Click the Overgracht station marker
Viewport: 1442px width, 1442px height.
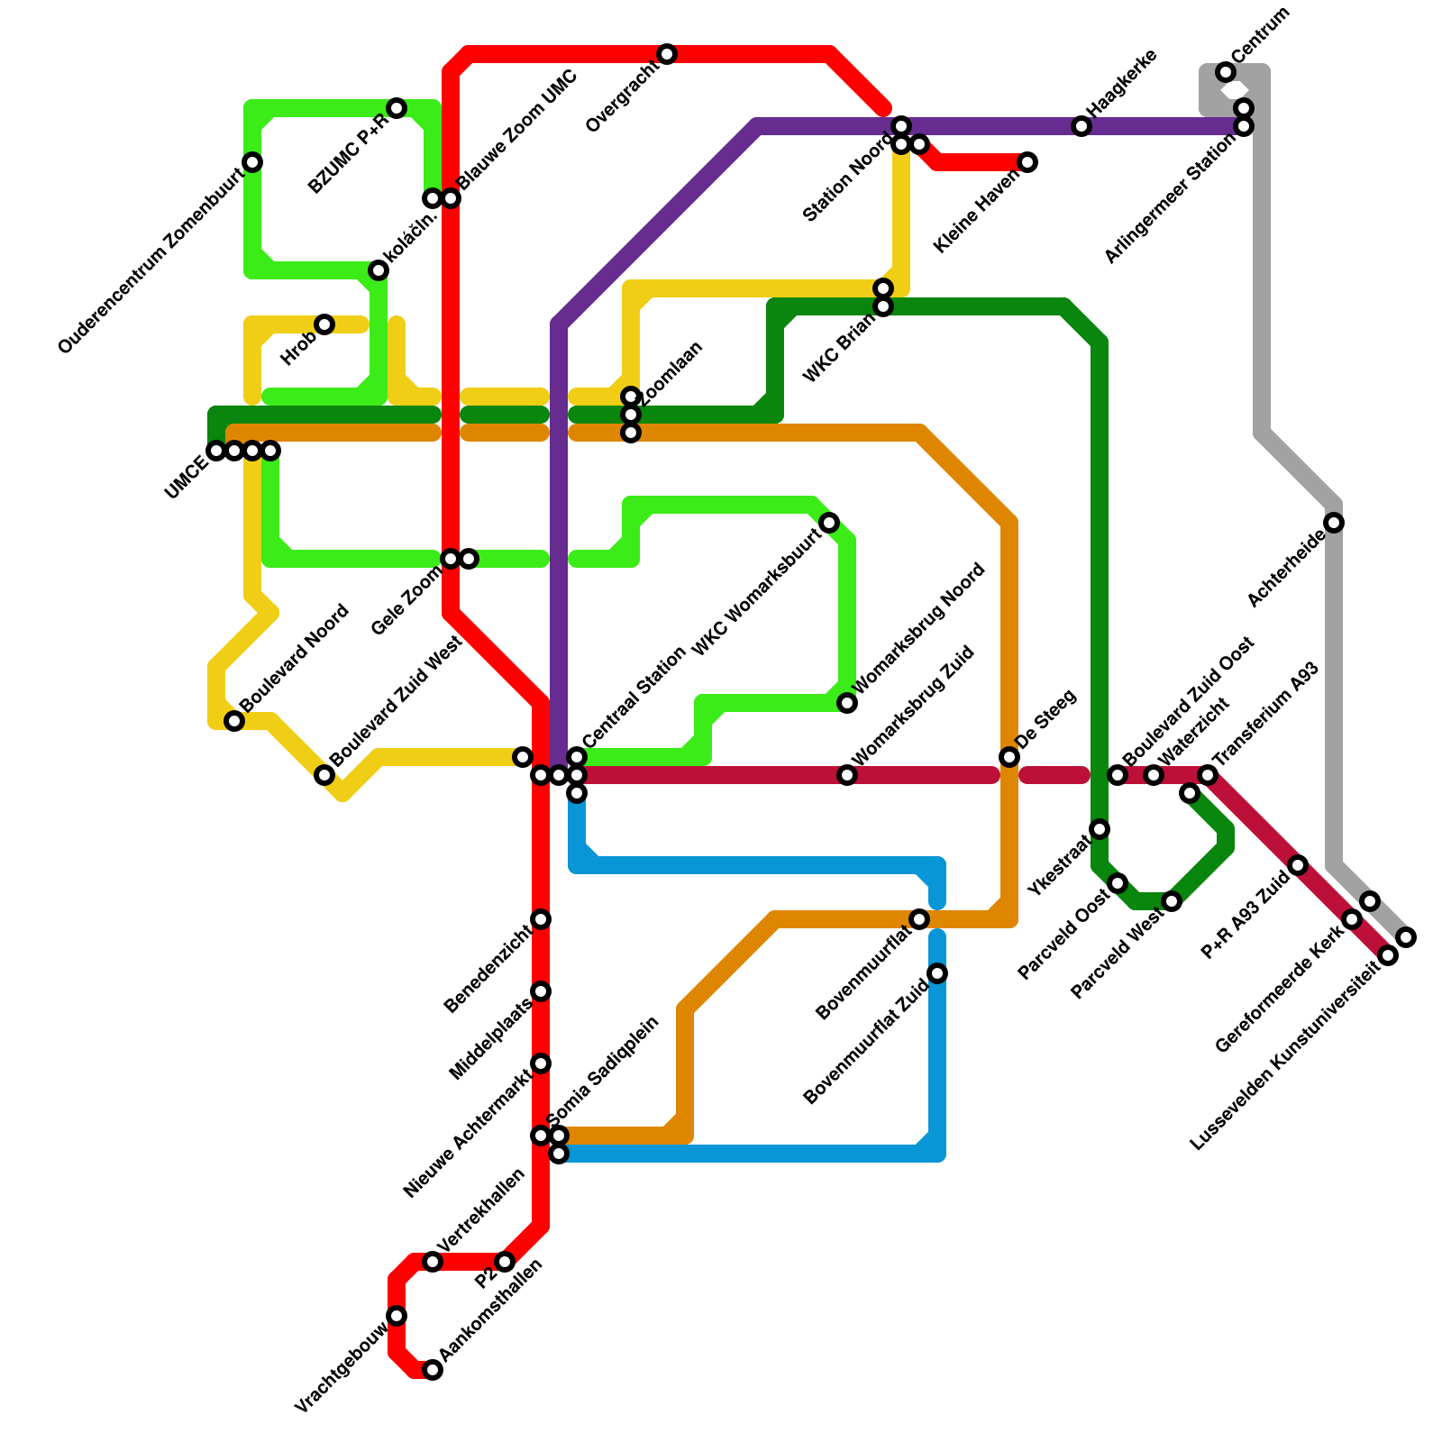pos(667,55)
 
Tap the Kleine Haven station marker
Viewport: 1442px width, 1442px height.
pos(1027,162)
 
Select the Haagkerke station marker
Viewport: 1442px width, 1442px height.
pos(1081,127)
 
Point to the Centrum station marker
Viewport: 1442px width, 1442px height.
pos(1226,72)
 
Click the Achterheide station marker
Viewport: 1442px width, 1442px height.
pos(1335,523)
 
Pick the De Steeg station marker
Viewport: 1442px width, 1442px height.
pos(1009,757)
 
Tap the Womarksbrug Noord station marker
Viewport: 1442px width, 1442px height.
pos(847,703)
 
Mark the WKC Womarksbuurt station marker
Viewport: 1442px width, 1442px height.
pos(829,523)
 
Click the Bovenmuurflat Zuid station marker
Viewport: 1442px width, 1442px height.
pos(937,973)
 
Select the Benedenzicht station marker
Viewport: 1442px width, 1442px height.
pos(541,919)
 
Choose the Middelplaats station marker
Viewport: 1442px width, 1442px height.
pos(541,991)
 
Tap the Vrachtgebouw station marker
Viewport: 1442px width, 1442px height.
pos(397,1316)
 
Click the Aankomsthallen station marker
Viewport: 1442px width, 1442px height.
pos(433,1370)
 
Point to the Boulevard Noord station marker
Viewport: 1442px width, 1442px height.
pos(234,721)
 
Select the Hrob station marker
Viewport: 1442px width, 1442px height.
pos(324,324)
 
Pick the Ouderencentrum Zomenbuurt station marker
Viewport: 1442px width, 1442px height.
pos(253,162)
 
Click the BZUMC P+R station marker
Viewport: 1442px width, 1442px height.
pos(397,109)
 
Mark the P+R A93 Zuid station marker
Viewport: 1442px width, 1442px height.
pos(1298,865)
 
